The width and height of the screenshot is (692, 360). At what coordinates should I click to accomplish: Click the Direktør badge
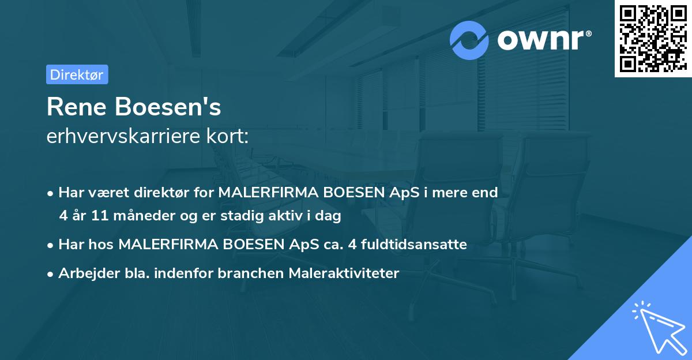77,74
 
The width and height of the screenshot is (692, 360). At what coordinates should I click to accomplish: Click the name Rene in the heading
78,107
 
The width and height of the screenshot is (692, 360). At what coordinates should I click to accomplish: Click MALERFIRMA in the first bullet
257,193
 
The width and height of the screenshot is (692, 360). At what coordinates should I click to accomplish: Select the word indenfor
187,273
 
